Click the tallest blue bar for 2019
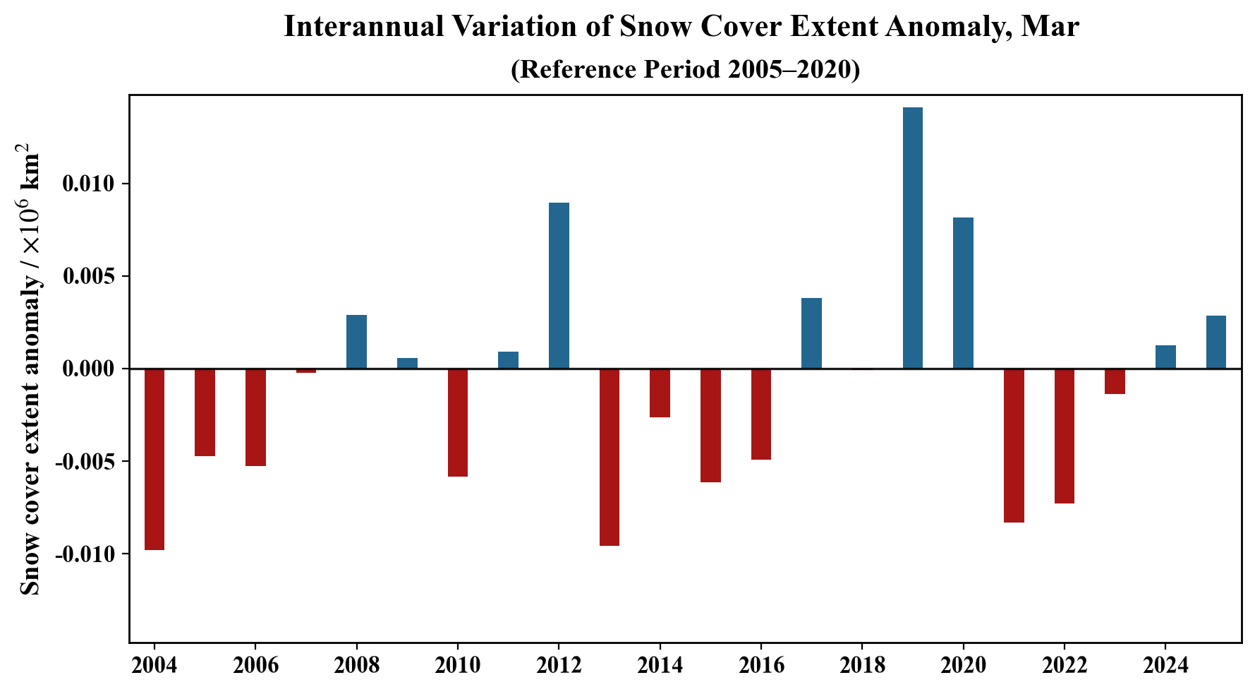click(x=912, y=238)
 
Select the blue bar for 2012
click(x=559, y=285)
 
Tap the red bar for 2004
click(x=154, y=459)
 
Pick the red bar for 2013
click(x=610, y=457)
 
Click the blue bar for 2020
click(x=963, y=293)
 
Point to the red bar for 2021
click(x=1014, y=446)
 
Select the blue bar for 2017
click(x=811, y=333)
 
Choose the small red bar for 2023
click(x=1115, y=381)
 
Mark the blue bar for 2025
click(x=1215, y=342)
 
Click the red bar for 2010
click(x=458, y=422)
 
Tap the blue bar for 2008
click(x=356, y=342)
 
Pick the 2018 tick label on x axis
click(x=861, y=665)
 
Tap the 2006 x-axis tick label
click(x=255, y=665)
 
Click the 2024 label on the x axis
click(x=1165, y=665)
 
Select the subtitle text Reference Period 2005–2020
click(x=685, y=69)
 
